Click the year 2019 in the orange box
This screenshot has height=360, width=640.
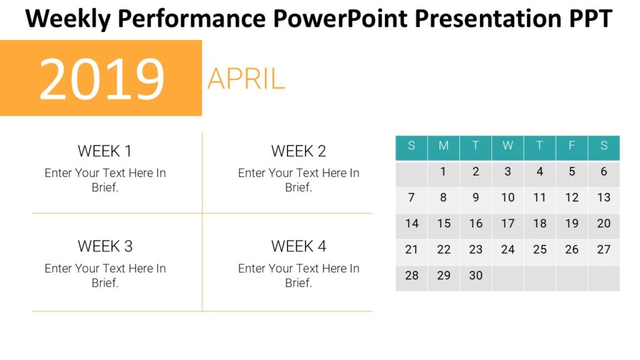pos(102,79)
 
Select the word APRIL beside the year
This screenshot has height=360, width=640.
pos(246,79)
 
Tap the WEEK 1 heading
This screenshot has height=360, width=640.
pos(105,151)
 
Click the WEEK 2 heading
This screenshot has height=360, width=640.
pos(299,151)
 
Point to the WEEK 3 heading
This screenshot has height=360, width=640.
pos(105,246)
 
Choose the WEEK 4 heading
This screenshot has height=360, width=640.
pos(299,246)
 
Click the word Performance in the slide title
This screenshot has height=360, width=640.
pos(191,19)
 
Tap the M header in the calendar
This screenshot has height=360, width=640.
pos(444,146)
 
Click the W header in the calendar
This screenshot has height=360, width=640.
pos(507,146)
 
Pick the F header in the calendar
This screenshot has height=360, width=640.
pos(572,146)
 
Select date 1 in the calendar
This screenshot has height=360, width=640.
pos(444,172)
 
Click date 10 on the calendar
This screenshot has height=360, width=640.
pos(507,197)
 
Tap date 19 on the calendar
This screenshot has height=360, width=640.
pos(572,224)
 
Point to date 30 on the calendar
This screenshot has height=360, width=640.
pos(476,276)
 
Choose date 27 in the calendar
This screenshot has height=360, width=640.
pos(604,250)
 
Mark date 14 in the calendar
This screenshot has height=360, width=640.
pos(411,224)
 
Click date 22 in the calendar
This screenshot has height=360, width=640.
pos(444,250)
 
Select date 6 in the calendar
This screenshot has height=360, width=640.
pos(604,172)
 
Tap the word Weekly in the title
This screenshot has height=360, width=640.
pos(68,19)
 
